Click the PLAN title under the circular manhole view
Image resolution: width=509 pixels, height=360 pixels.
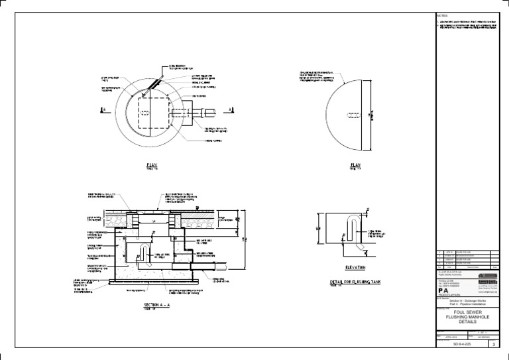[x=151, y=164]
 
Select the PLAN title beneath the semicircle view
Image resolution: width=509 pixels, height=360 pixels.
[x=355, y=164]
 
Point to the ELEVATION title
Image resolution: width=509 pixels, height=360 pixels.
[x=355, y=267]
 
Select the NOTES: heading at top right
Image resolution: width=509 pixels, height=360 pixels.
[x=443, y=15]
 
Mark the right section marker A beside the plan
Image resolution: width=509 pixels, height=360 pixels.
[x=229, y=110]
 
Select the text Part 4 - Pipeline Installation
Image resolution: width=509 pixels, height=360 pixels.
[x=467, y=303]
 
